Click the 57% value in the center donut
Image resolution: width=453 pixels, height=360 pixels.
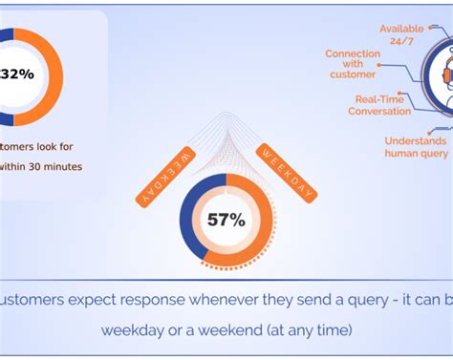tap(226, 220)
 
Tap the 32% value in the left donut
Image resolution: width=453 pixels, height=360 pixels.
tap(18, 72)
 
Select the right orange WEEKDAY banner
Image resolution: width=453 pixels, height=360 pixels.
tap(287, 172)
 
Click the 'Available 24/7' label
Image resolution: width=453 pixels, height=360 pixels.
tap(400, 34)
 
